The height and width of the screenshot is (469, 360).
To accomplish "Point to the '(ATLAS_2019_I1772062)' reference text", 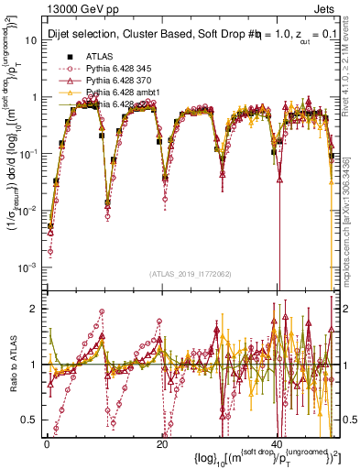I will pyautogui.click(x=189, y=274).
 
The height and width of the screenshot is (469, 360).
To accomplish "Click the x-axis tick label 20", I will pyautogui.click(x=162, y=444).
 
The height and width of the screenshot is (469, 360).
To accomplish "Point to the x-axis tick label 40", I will pyautogui.click(x=278, y=444).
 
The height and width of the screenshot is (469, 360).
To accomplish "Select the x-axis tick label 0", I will pyautogui.click(x=47, y=444).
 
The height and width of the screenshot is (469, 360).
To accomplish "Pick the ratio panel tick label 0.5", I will pyautogui.click(x=30, y=420).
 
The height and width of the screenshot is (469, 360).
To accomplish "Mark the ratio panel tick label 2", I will pyautogui.click(x=35, y=308).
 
